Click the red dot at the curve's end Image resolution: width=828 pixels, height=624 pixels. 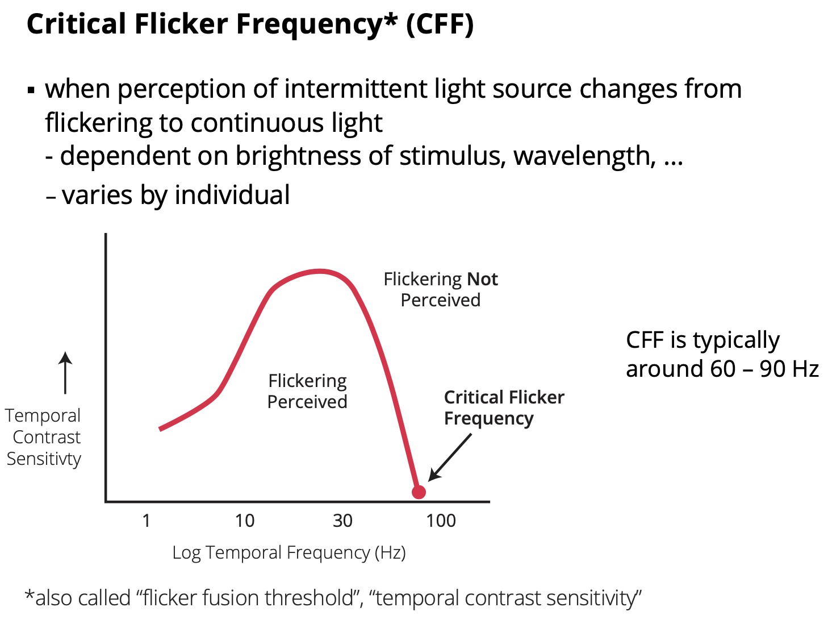(419, 492)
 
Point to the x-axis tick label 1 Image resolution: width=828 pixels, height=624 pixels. (147, 521)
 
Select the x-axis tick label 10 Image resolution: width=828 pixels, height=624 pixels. (245, 521)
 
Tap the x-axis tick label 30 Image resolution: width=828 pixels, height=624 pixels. (342, 521)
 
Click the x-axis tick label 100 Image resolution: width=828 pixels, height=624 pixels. (441, 521)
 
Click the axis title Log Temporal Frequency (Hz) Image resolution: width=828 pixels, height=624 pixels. (289, 552)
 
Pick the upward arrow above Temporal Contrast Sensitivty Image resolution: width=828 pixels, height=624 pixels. (66, 372)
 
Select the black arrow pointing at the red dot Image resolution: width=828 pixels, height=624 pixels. (450, 457)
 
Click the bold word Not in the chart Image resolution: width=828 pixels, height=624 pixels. (482, 279)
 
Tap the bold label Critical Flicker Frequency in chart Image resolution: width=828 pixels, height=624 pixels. (503, 407)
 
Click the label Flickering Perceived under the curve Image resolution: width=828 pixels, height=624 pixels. (307, 391)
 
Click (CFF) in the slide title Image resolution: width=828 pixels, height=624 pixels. (440, 24)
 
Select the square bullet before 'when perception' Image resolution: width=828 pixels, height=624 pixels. (31, 90)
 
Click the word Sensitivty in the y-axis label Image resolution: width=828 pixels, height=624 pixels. (44, 459)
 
